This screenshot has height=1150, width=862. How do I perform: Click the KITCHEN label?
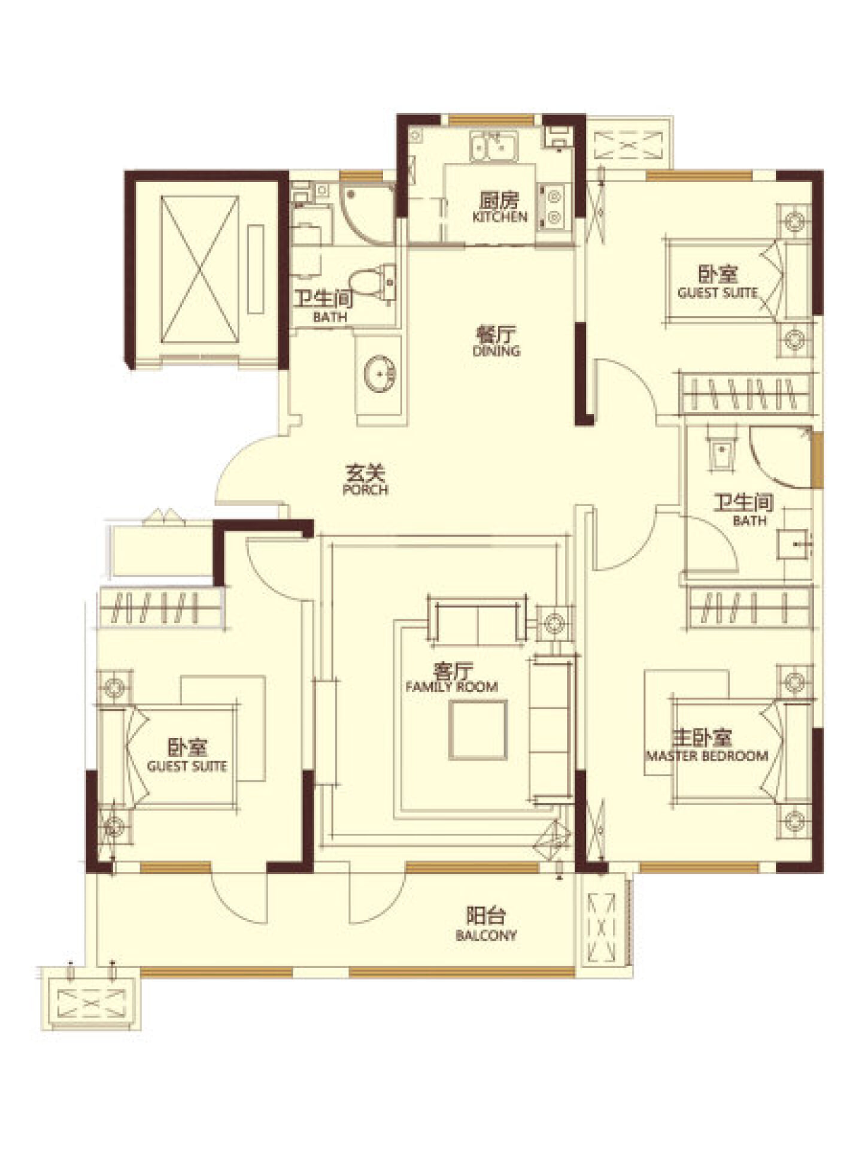499,217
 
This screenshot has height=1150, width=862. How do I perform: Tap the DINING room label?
496,351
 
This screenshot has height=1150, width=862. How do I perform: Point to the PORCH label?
365,489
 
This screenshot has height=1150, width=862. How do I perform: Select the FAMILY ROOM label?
451,686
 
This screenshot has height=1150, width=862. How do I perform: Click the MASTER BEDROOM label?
707,756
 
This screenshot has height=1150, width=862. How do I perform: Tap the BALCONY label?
486,936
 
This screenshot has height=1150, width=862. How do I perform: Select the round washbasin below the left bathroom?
380,374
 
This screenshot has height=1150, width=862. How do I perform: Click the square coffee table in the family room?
478,730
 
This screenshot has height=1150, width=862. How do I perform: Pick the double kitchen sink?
494,146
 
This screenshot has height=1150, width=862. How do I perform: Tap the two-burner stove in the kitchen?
554,207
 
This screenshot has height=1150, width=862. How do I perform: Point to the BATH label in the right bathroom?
749,520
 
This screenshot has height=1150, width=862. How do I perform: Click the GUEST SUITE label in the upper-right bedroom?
718,293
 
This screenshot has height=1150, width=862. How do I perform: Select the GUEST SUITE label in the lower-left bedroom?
187,766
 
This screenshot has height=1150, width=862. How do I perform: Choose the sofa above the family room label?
477,621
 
